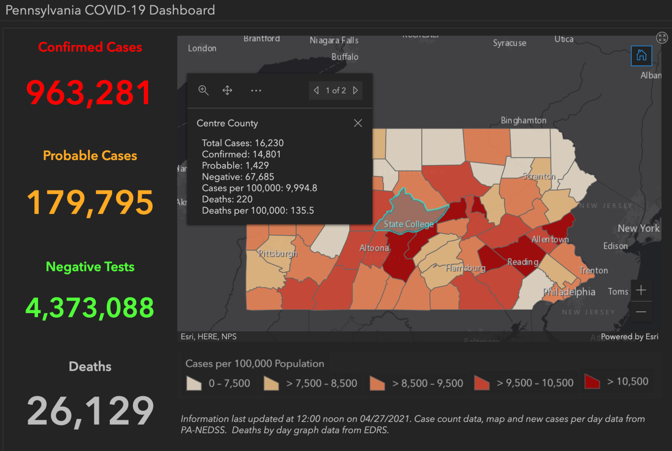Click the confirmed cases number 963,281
point(89,92)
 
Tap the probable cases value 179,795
point(90,203)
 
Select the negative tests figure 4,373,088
point(90,308)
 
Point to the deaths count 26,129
point(90,411)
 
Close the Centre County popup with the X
point(358,123)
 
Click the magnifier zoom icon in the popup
point(203,90)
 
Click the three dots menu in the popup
point(256,90)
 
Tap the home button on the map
point(641,56)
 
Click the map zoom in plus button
point(641,290)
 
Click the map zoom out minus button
point(641,312)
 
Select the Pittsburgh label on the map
point(277,253)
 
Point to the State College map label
point(408,224)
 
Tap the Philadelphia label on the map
point(569,291)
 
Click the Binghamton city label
point(523,121)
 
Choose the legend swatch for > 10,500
point(592,381)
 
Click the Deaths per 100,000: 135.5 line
point(258,210)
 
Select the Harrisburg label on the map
point(465,268)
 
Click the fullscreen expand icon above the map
point(662,38)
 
